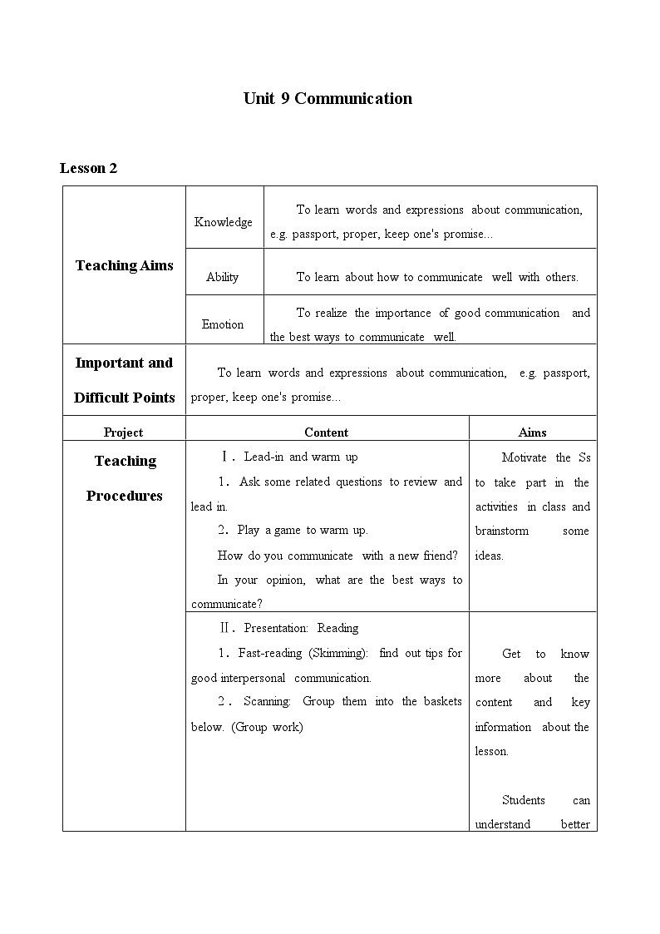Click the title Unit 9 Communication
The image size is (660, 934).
click(328, 98)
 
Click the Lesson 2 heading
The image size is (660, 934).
click(89, 168)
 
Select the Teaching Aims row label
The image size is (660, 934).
click(124, 265)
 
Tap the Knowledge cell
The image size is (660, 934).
click(224, 222)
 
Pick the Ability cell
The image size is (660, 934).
click(223, 277)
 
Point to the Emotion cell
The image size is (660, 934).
click(223, 324)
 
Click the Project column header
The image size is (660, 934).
click(123, 432)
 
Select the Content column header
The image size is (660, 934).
click(326, 432)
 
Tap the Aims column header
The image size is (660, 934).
click(532, 432)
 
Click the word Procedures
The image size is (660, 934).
click(124, 496)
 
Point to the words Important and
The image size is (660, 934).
click(124, 363)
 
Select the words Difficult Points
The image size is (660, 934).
click(124, 398)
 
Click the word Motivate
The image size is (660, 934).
click(525, 457)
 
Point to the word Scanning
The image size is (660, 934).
click(267, 701)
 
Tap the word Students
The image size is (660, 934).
click(524, 800)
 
